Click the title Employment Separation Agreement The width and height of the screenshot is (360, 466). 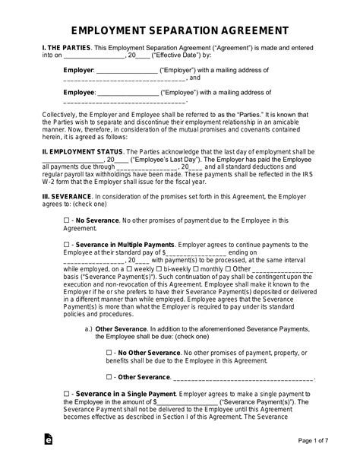179,31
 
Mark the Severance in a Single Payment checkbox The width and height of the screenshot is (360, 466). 66,394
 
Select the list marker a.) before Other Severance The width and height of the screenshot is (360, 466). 89,328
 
